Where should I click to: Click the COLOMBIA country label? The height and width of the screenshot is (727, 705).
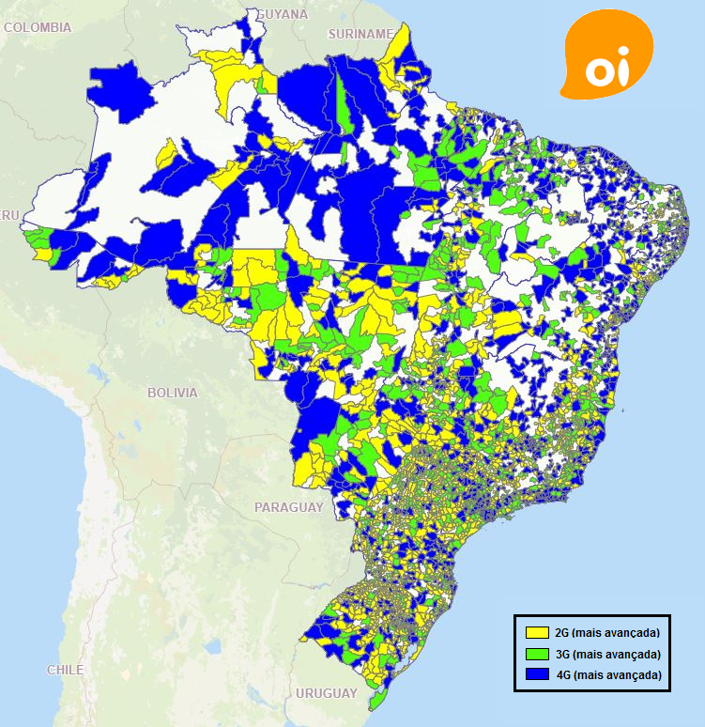point(37,28)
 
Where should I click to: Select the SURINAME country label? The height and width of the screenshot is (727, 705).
point(360,34)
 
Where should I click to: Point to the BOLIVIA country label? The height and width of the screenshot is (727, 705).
point(172,393)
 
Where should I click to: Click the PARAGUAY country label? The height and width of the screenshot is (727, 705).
point(288,507)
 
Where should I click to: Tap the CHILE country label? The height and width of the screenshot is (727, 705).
point(65,670)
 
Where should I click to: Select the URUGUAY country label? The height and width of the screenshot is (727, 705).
point(326,693)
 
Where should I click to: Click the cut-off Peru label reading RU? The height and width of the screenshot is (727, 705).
point(10,216)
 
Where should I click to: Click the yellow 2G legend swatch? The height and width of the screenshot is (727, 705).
point(537,632)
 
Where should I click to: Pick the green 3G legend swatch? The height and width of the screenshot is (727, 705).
point(537,654)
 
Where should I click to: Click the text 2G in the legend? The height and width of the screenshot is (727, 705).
point(563,632)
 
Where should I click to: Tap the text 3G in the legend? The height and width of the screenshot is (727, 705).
point(563,654)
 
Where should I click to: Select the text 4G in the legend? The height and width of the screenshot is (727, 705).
point(563,675)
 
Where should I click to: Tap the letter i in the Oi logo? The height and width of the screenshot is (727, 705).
point(622,69)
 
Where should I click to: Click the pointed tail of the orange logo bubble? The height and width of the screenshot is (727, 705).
point(566,93)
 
